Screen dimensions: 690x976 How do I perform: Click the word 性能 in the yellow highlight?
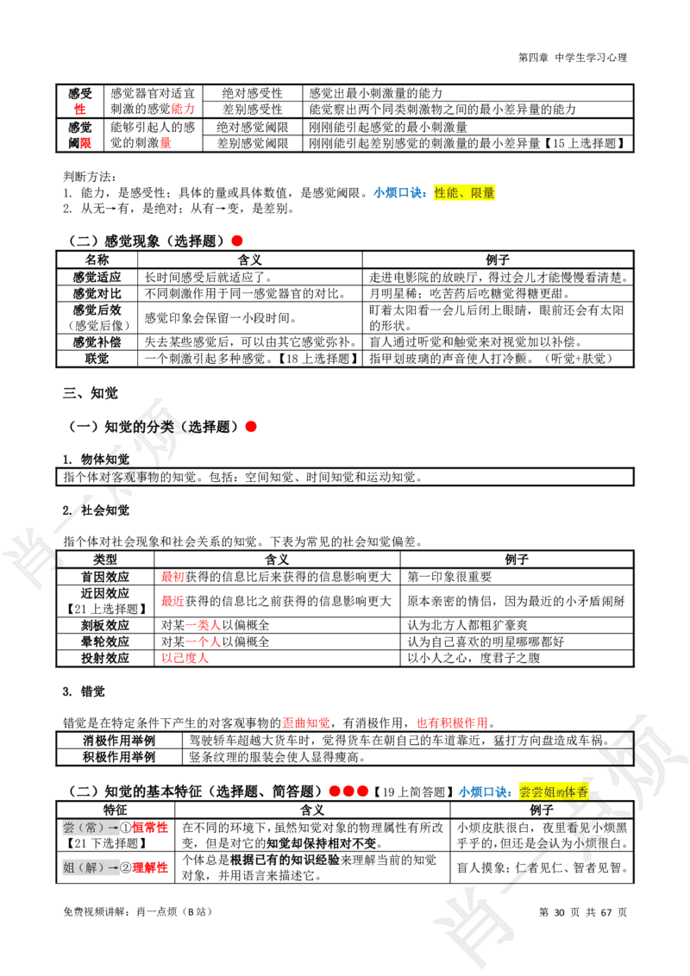pos(446,193)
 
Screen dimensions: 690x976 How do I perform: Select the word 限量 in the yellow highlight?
pos(483,193)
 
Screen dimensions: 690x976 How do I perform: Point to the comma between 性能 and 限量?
pos(464,194)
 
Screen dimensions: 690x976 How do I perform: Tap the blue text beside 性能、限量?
pos(399,193)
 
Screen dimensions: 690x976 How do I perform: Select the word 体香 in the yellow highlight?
pos(577,791)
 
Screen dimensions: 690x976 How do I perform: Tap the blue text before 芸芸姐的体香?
pos(485,791)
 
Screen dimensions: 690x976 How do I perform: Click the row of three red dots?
pos(348,791)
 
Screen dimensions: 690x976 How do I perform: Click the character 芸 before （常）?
pos(69,828)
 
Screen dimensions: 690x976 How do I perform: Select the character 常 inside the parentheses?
pos(91,828)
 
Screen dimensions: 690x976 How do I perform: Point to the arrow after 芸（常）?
pos(113,828)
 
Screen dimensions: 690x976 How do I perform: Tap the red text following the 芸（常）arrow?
pos(150,828)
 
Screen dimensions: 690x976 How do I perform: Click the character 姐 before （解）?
pos(69,867)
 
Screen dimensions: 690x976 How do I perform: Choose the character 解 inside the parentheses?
pos(91,867)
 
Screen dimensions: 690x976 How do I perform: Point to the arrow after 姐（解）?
pos(113,867)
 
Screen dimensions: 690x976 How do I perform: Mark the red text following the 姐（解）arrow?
pos(150,867)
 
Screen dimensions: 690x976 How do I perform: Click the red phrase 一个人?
pos(204,641)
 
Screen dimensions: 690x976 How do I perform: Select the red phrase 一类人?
pos(204,625)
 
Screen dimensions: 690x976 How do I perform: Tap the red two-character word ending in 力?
pos(183,109)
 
